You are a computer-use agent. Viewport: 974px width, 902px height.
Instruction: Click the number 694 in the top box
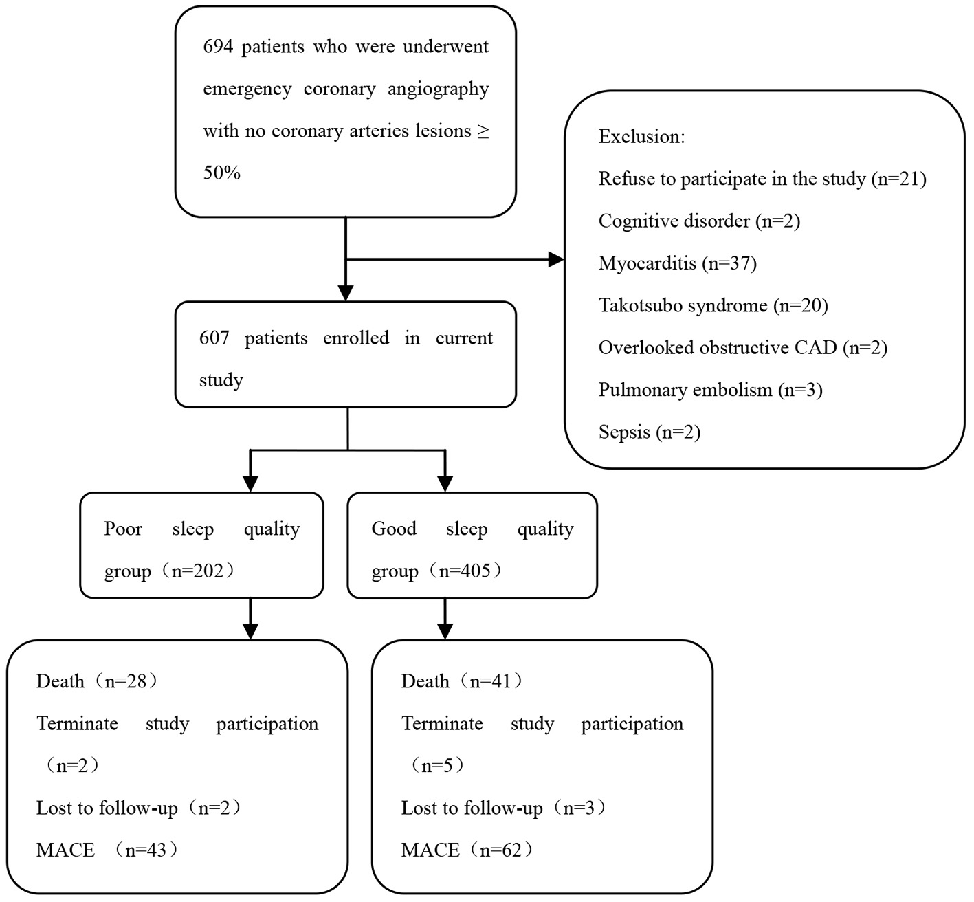pos(217,47)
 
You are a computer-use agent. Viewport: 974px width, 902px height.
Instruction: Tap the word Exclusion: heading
pos(641,137)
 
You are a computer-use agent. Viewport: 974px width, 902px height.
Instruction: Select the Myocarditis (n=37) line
pos(677,263)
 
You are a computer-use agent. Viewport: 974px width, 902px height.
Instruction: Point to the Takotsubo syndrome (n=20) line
pos(713,305)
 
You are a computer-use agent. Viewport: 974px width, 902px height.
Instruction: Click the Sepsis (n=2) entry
pos(649,432)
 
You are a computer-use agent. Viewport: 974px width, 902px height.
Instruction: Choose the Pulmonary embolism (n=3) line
pos(710,390)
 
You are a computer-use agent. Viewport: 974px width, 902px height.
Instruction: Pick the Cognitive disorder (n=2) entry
pos(699,221)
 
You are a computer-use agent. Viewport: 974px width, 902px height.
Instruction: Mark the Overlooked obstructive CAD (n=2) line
pos(742,348)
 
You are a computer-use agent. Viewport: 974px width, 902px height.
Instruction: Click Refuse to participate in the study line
pos(762,179)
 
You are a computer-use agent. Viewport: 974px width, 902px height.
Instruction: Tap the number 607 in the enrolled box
pos(214,338)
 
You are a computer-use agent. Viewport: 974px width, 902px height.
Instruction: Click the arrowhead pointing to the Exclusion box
pos(555,259)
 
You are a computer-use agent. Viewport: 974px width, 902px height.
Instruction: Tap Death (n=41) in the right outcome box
pos(462,681)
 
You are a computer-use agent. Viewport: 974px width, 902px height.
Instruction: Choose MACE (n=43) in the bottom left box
pos(107,850)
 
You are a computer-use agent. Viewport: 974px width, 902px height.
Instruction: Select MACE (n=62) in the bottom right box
pos(467,850)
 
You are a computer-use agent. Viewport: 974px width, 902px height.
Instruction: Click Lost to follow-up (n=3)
pos(504,808)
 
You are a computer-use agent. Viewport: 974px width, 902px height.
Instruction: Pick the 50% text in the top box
pos(221,173)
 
